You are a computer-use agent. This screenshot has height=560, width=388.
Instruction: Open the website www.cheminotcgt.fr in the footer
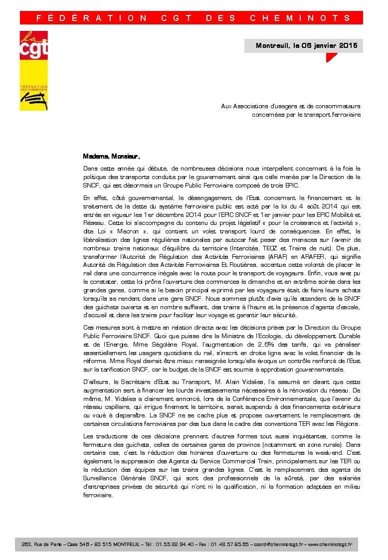click(330, 544)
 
